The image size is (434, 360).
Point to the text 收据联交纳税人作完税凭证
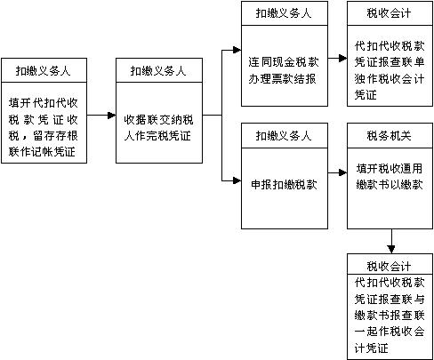159,126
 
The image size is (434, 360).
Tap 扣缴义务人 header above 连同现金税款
284,13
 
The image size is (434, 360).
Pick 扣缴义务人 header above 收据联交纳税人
159,69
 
